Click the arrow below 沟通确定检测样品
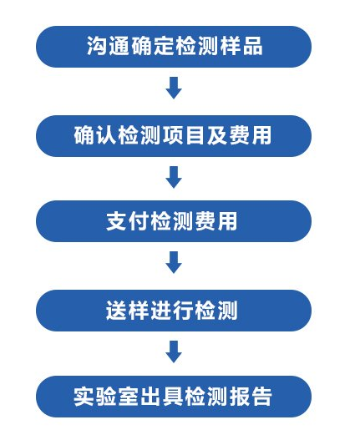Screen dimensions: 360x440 (x=174, y=88)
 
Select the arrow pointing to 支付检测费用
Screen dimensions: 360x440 (x=174, y=177)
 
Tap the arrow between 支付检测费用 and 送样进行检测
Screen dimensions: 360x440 (x=174, y=262)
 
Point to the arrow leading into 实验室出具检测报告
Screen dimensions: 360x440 (x=174, y=351)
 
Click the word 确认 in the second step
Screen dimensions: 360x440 (x=96, y=135)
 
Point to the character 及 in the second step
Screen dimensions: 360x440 (x=218, y=135)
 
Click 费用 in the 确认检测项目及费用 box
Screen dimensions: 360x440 (x=251, y=135)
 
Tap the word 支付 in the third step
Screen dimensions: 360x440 (x=128, y=221)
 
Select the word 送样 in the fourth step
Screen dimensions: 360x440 (x=128, y=311)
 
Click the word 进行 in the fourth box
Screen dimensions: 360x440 (x=171, y=311)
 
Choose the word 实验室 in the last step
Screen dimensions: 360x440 (x=107, y=397)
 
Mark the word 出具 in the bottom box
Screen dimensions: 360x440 (x=163, y=397)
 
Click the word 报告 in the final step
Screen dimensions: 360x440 (x=251, y=397)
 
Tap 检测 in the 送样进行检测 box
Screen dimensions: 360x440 (x=216, y=311)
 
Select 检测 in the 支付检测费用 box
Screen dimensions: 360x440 (x=171, y=221)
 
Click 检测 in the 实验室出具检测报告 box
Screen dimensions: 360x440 (x=206, y=397)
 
